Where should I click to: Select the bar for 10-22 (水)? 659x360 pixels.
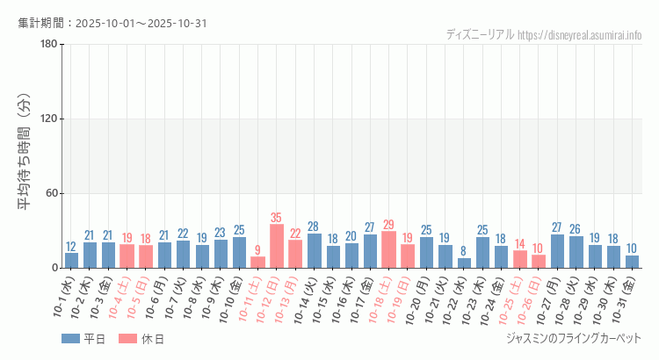(464, 263)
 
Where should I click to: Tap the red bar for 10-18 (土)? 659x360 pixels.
(388, 249)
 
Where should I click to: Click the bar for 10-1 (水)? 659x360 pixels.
(71, 260)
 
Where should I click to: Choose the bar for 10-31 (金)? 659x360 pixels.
(632, 262)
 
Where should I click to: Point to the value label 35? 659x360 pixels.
(277, 218)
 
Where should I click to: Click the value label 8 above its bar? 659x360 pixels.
(464, 251)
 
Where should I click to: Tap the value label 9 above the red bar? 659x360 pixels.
(257, 250)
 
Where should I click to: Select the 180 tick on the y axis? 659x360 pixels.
(48, 45)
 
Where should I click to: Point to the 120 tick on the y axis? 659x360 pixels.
(48, 119)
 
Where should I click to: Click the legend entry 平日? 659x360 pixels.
(83, 338)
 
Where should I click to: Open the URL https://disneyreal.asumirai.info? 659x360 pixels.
(580, 35)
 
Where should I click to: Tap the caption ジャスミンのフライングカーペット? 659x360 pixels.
(574, 338)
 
